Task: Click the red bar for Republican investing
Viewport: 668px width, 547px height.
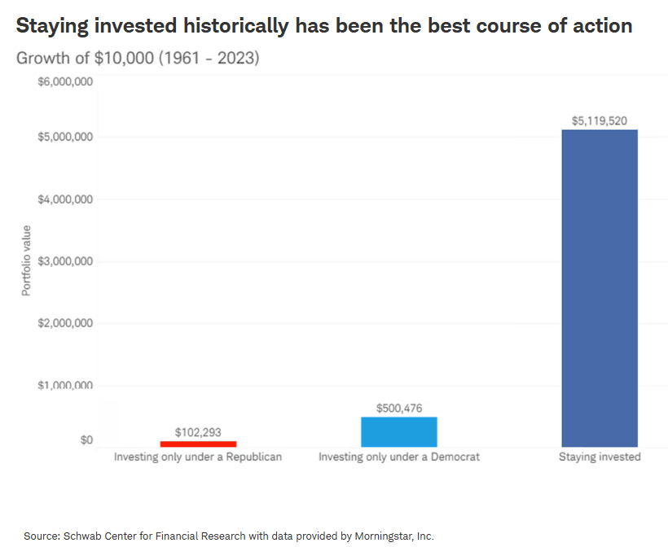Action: pyautogui.click(x=198, y=444)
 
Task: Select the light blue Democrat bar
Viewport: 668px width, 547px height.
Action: pyautogui.click(x=399, y=431)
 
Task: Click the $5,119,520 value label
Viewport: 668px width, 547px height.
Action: pyautogui.click(x=600, y=120)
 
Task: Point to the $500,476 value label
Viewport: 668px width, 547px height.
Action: pyautogui.click(x=399, y=408)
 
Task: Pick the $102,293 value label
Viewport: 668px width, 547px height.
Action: pyautogui.click(x=198, y=432)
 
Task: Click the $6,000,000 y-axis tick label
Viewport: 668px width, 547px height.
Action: pyautogui.click(x=65, y=81)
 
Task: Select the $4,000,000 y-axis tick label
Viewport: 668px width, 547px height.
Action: pyautogui.click(x=65, y=199)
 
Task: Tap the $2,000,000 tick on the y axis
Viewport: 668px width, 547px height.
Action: pyautogui.click(x=65, y=323)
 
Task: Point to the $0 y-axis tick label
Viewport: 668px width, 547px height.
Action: pyautogui.click(x=85, y=440)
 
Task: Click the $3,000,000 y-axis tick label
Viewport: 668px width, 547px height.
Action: pyautogui.click(x=65, y=261)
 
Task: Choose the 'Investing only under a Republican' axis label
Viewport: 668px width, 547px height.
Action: pyautogui.click(x=198, y=457)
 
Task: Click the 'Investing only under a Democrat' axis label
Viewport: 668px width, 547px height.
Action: pyautogui.click(x=399, y=457)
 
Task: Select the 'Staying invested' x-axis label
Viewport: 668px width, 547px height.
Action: pyautogui.click(x=600, y=457)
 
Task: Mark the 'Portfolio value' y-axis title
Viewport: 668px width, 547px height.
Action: pyautogui.click(x=26, y=260)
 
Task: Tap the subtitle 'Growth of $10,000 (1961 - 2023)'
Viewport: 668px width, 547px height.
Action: pyautogui.click(x=138, y=59)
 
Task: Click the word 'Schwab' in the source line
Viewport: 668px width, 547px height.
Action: pyautogui.click(x=81, y=536)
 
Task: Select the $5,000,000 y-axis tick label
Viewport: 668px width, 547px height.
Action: pyautogui.click(x=65, y=137)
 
